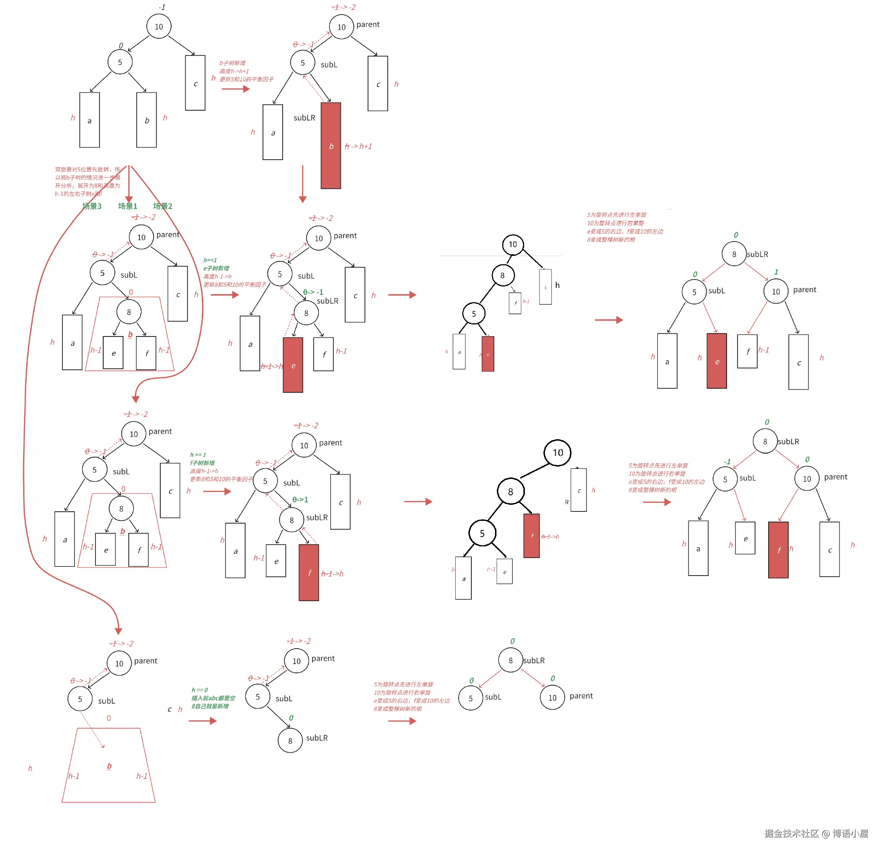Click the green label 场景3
pyautogui.click(x=92, y=206)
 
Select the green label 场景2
pyautogui.click(x=163, y=206)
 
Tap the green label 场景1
pyautogui.click(x=127, y=206)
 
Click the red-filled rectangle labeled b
pyautogui.click(x=331, y=145)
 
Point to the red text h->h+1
pyautogui.click(x=358, y=147)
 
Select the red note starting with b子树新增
pyautogui.click(x=232, y=63)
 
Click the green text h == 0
pyautogui.click(x=199, y=690)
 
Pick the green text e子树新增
pyautogui.click(x=216, y=269)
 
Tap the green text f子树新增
pyautogui.click(x=202, y=463)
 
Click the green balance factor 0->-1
pyautogui.click(x=313, y=292)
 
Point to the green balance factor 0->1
pyautogui.click(x=300, y=499)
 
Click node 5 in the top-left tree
pyautogui.click(x=120, y=62)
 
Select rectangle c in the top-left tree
pyautogui.click(x=195, y=83)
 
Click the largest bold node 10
pyautogui.click(x=558, y=453)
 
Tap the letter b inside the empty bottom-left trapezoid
pyautogui.click(x=109, y=766)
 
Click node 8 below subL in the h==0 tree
pyautogui.click(x=290, y=741)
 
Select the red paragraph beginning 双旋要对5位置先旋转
pyautogui.click(x=87, y=182)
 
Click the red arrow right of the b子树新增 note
pyautogui.click(x=236, y=89)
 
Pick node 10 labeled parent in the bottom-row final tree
pyautogui.click(x=552, y=698)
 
